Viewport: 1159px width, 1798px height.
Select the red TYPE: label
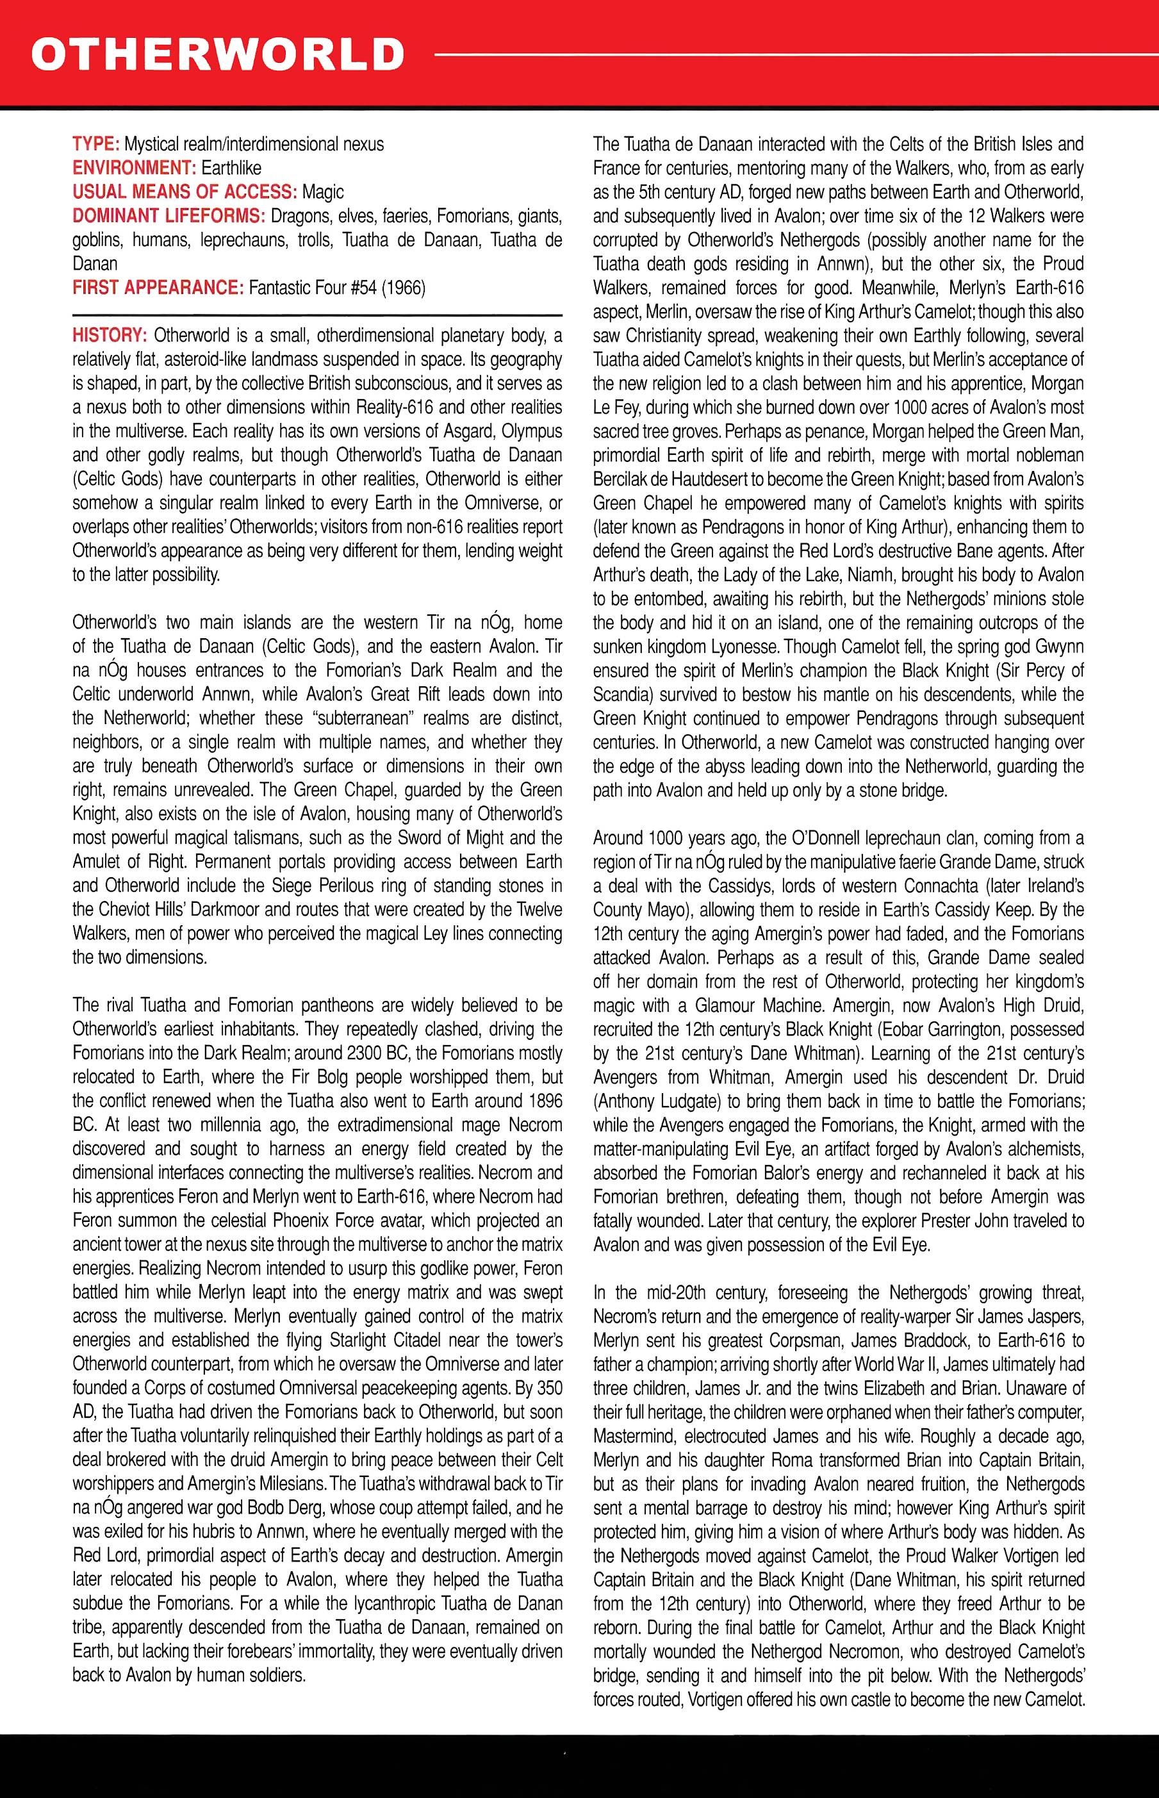96,144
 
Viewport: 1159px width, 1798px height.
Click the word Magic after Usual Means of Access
323,192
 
